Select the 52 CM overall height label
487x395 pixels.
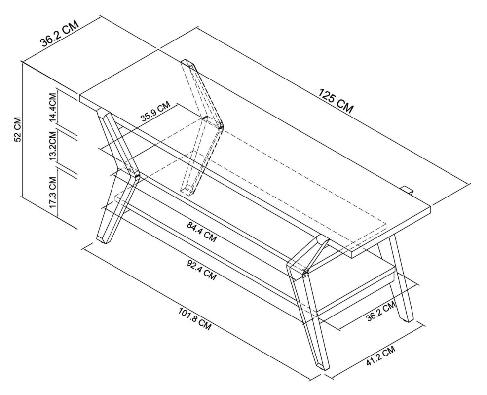pos(18,130)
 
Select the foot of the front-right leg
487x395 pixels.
pos(321,365)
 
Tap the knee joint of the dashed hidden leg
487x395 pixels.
pos(217,126)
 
